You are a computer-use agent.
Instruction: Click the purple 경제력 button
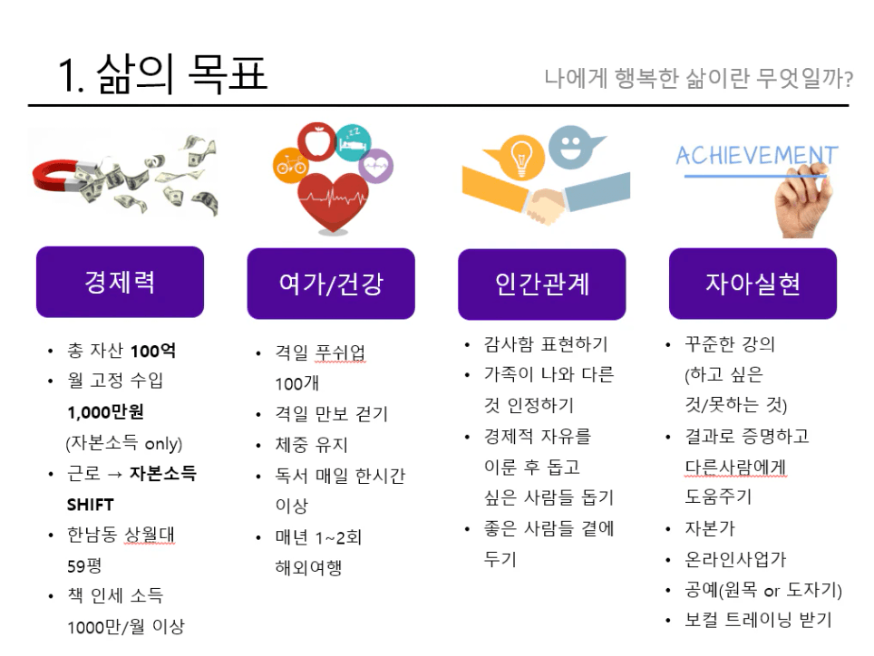[x=120, y=282]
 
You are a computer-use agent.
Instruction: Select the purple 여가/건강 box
[x=331, y=284]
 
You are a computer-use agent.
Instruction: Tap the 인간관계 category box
[x=542, y=284]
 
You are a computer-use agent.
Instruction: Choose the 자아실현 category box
[x=753, y=284]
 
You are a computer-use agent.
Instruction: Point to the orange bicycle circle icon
[x=290, y=166]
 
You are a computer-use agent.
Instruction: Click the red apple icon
[x=316, y=141]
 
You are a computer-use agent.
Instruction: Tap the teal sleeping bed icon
[x=353, y=142]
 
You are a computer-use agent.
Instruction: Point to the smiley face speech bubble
[x=573, y=146]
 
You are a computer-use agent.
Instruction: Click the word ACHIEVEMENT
[x=756, y=155]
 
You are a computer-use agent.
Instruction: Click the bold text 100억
[x=153, y=351]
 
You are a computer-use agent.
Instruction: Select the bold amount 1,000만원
[x=105, y=412]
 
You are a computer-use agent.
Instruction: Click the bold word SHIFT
[x=91, y=505]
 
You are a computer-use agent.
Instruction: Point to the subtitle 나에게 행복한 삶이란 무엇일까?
[x=698, y=79]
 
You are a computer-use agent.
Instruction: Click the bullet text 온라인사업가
[x=735, y=559]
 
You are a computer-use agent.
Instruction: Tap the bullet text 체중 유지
[x=312, y=444]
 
